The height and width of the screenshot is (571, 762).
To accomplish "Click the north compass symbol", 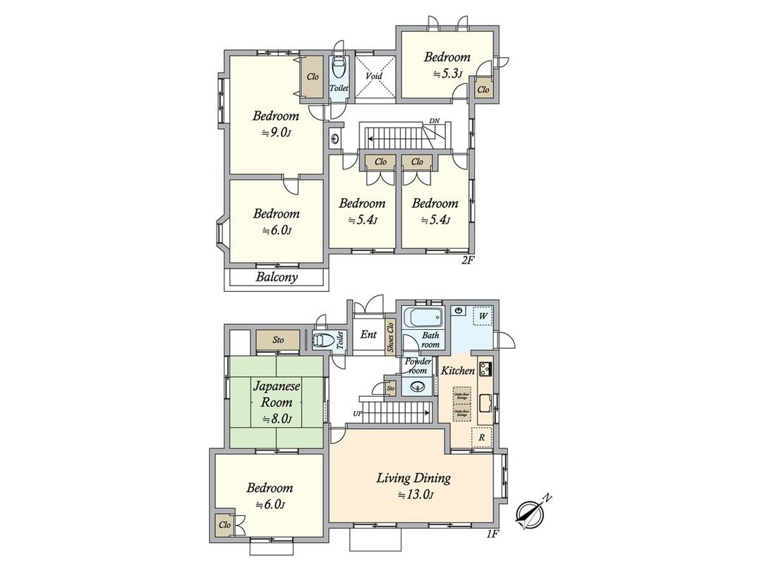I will (x=531, y=512).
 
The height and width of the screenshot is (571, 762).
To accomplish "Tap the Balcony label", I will (x=277, y=277).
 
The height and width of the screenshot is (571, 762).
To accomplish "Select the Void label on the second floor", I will (x=374, y=76).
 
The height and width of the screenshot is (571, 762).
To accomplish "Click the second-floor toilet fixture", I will (x=339, y=70).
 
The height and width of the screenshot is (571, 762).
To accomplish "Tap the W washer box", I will (x=483, y=317).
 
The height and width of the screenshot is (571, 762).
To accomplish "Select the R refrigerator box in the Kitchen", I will (x=480, y=437).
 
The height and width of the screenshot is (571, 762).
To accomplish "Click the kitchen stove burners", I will (x=486, y=369).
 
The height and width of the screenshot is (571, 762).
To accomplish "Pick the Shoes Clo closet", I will (x=391, y=340).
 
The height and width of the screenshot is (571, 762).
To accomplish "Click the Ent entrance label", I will (x=368, y=335).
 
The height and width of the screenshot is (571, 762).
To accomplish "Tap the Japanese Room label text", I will (x=277, y=395).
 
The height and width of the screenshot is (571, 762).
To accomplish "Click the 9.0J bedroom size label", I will (x=277, y=132).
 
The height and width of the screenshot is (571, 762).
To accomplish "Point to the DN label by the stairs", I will (x=435, y=121).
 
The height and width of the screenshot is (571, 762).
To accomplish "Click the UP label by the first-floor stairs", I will (x=358, y=414).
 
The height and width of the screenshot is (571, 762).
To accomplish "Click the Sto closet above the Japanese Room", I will (x=279, y=340).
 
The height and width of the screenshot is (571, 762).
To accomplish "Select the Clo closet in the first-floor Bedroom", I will (x=224, y=524).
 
